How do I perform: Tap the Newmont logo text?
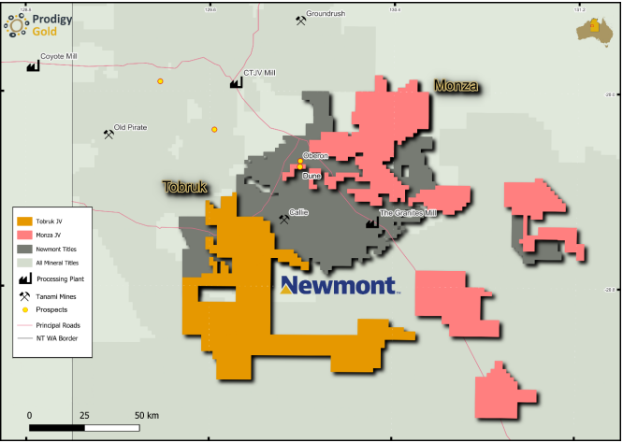pyautogui.click(x=338, y=285)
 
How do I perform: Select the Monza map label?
pyautogui.click(x=456, y=86)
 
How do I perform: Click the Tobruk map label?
pyautogui.click(x=185, y=187)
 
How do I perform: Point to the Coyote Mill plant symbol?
pyautogui.click(x=33, y=66)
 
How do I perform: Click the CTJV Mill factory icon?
pyautogui.click(x=236, y=82)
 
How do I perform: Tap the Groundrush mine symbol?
pyautogui.click(x=300, y=21)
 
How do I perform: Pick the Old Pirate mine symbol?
pyautogui.click(x=109, y=134)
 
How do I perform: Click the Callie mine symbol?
pyautogui.click(x=283, y=220)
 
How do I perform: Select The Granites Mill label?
pyautogui.click(x=408, y=213)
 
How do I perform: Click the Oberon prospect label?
pyautogui.click(x=315, y=155)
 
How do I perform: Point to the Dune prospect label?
pyautogui.click(x=312, y=175)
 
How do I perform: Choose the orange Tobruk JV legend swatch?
pyautogui.click(x=24, y=221)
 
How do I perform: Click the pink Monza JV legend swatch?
pyautogui.click(x=24, y=236)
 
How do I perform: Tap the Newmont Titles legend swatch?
pyautogui.click(x=24, y=250)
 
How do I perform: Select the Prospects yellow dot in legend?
pyautogui.click(x=24, y=308)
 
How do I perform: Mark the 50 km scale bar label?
pyautogui.click(x=146, y=414)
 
